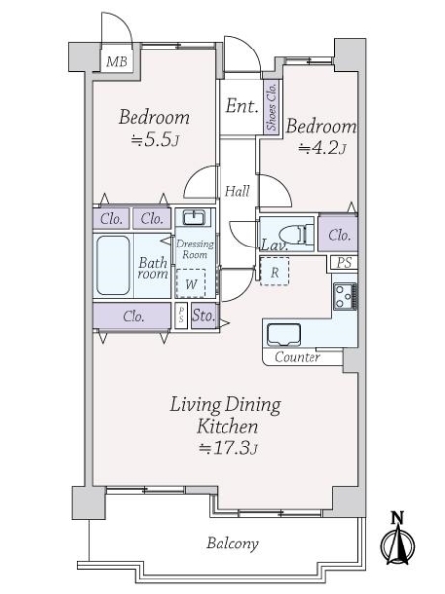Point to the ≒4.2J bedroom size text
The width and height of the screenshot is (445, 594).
click(x=320, y=149)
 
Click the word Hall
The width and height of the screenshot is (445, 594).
click(x=236, y=191)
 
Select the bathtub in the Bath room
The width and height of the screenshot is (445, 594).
click(x=115, y=264)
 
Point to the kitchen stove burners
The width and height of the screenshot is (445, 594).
click(x=344, y=294)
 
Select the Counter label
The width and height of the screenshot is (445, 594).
click(x=297, y=357)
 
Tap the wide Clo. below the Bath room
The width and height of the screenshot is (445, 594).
click(x=134, y=317)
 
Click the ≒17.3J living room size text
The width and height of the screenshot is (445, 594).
click(x=226, y=449)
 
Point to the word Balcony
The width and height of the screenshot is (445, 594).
click(x=232, y=543)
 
